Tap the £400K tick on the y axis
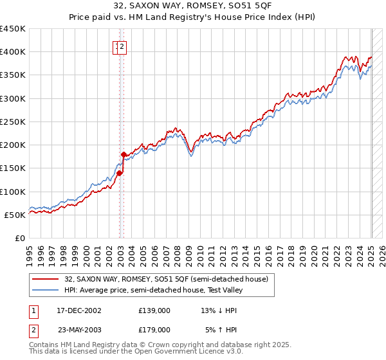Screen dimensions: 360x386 (13, 52)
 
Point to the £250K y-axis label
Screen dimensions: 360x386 (13, 122)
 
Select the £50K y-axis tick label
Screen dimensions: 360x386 (15, 215)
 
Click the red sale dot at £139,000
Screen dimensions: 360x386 (120, 173)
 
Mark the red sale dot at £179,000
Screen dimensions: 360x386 (124, 154)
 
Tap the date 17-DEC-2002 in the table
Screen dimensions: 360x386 (79, 310)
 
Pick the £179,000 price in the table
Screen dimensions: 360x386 (154, 329)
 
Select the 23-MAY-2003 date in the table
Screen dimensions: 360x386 (79, 329)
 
